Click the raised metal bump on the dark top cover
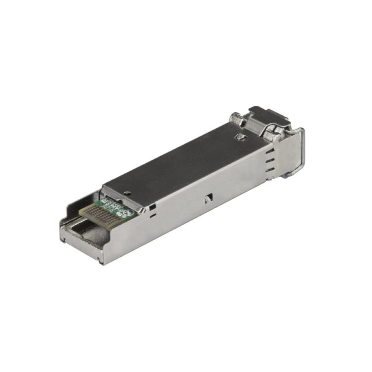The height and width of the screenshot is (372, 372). [240, 138]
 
